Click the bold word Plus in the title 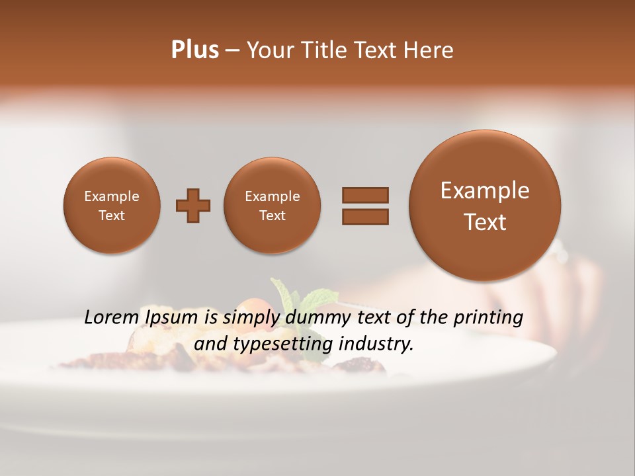coord(194,50)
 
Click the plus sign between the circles coord(193,206)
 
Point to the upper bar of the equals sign coord(364,195)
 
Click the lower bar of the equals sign coord(364,216)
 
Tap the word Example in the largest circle coord(485,190)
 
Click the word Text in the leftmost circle coord(111,216)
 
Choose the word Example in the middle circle coord(272,196)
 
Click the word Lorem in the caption coord(110,317)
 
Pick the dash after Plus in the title coord(232,51)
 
